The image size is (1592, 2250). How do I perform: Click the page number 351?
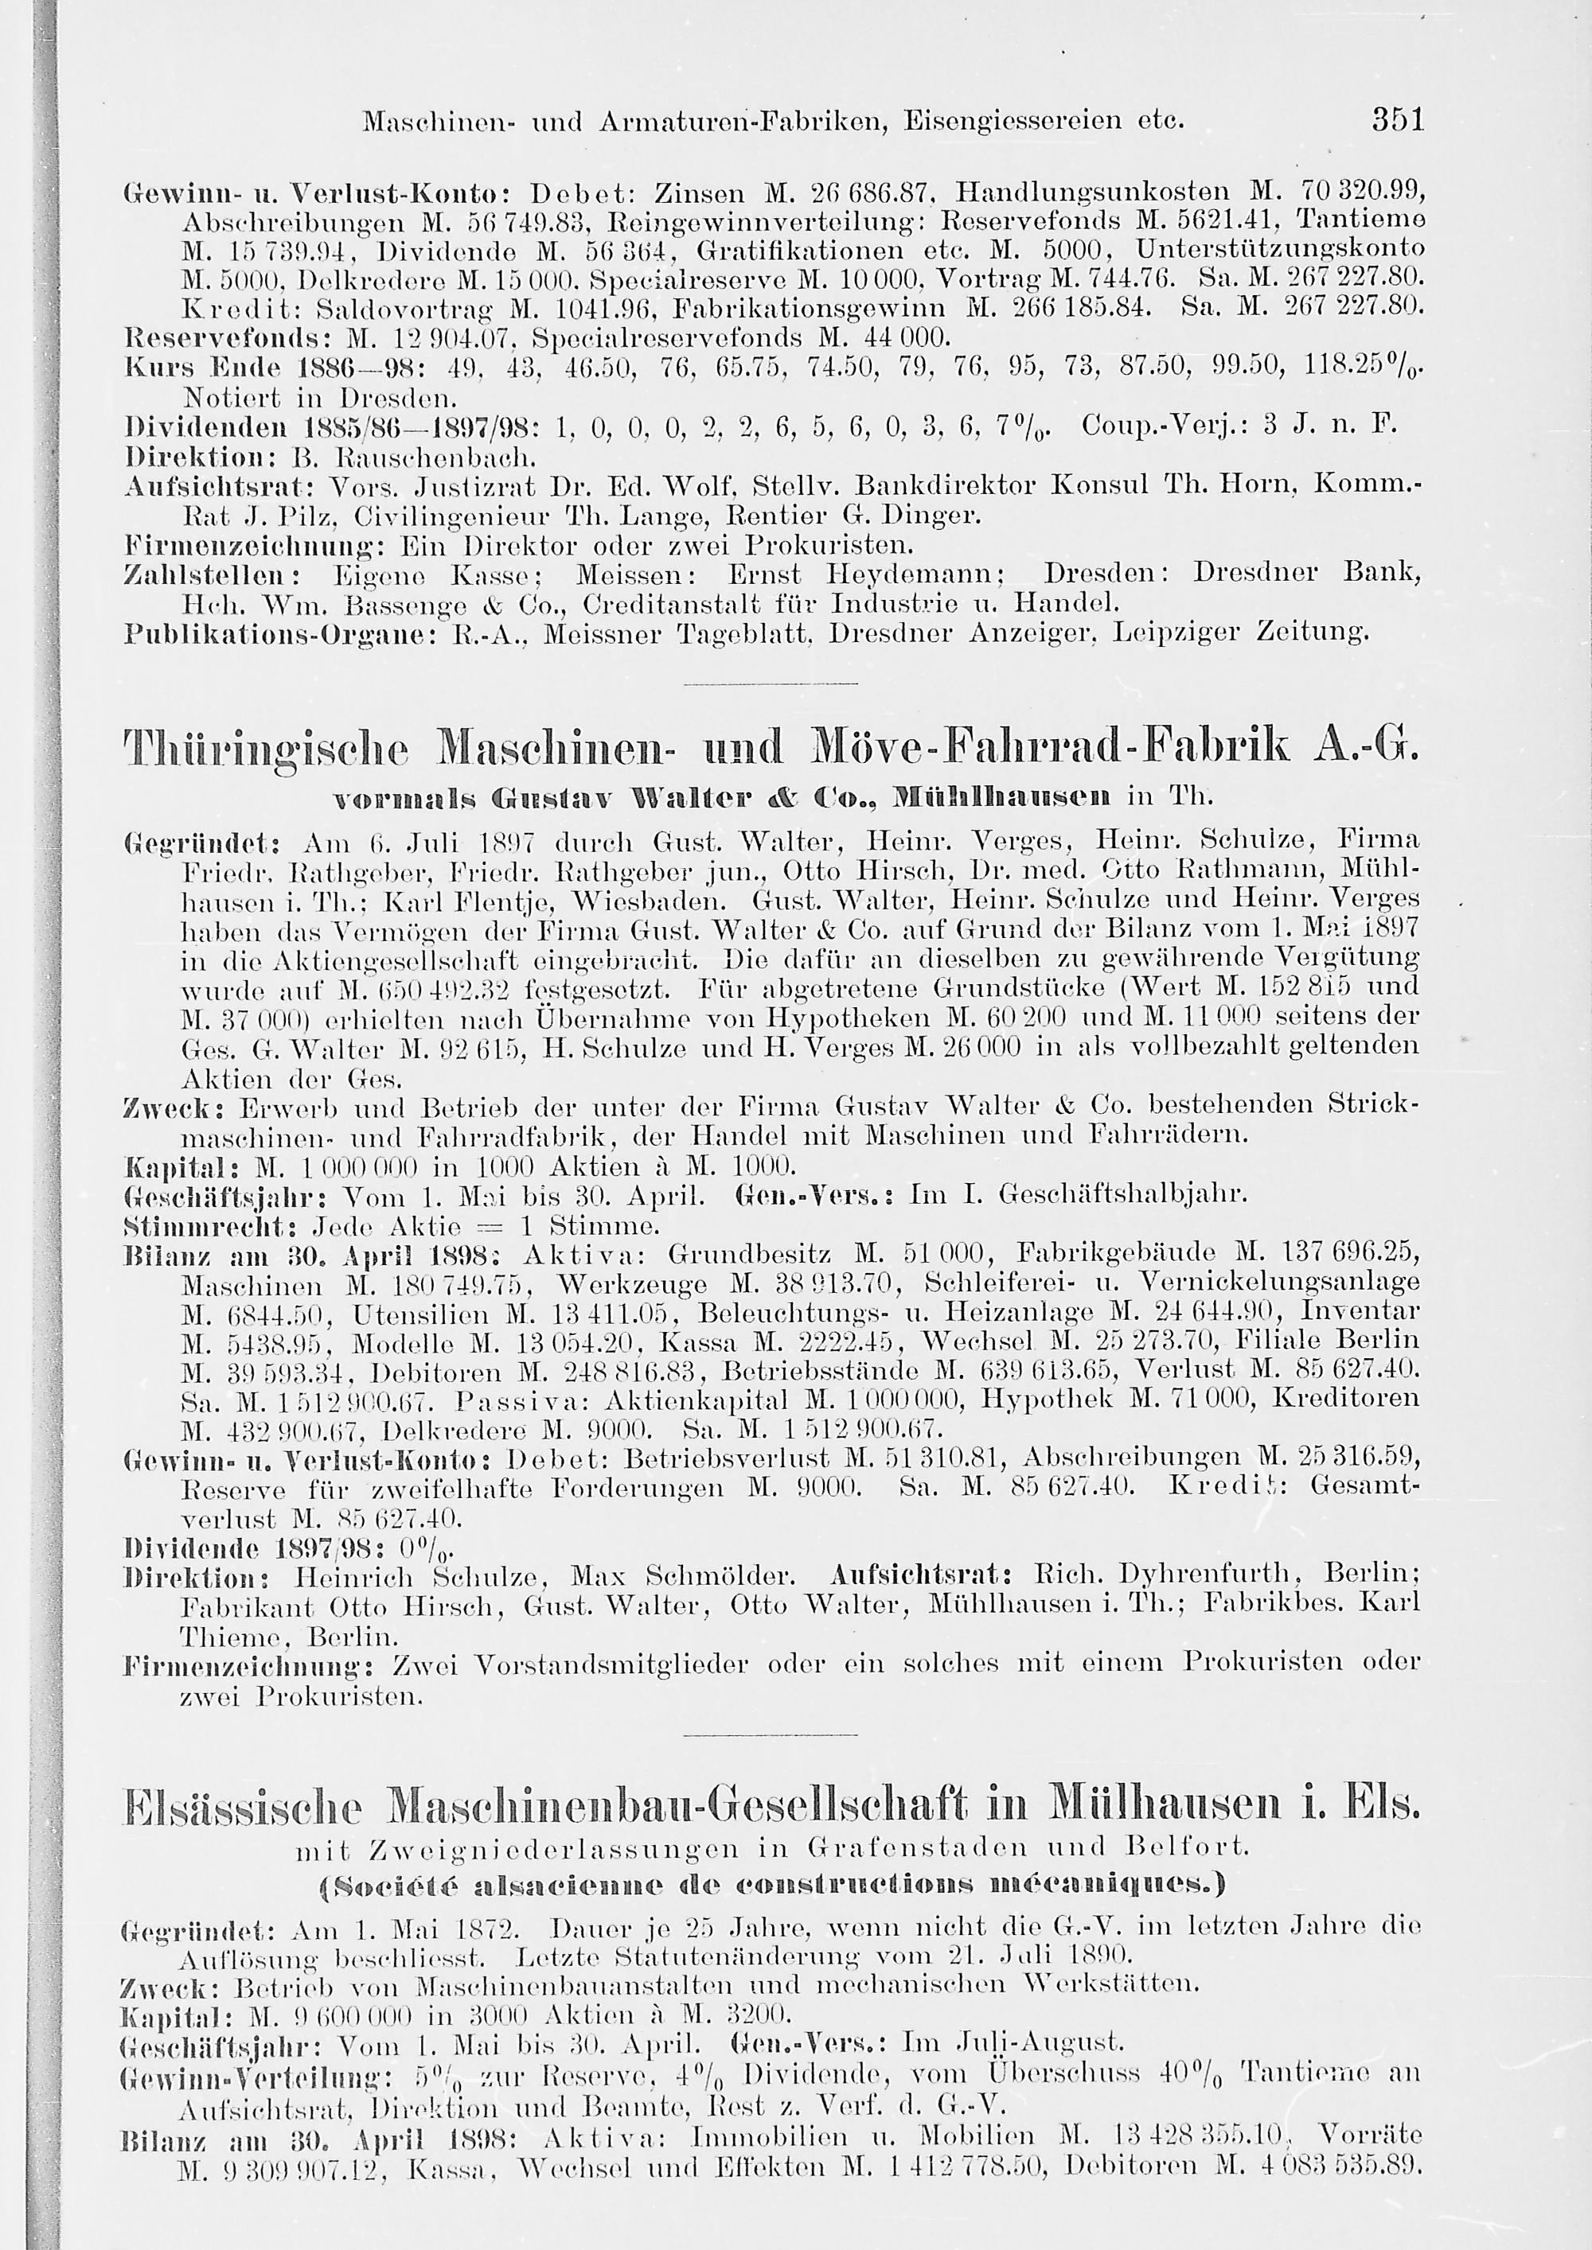pos(1384,122)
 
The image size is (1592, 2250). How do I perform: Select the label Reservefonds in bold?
pos(185,339)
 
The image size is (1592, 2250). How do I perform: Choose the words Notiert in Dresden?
pos(319,399)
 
